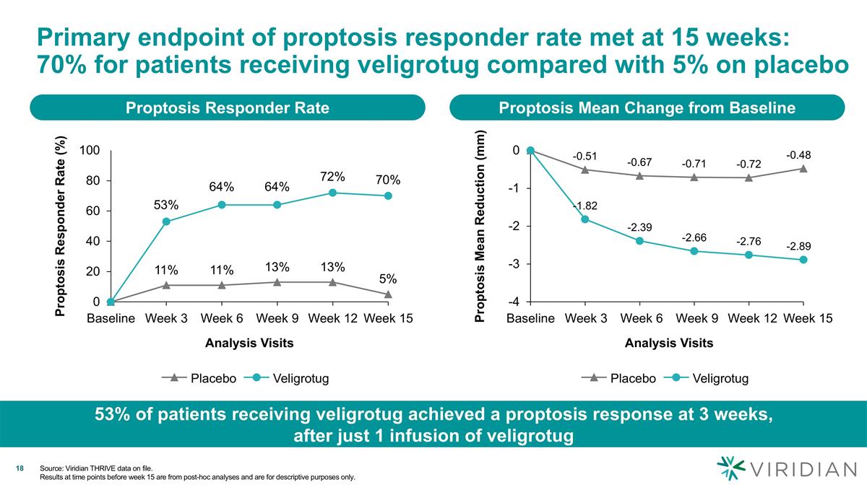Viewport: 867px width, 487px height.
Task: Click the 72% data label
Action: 332,177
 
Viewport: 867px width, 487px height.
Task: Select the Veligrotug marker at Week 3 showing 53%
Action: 166,221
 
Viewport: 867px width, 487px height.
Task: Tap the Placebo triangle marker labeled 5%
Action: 388,294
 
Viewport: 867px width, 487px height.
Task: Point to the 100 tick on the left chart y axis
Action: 90,150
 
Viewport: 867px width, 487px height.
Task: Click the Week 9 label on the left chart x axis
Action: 277,318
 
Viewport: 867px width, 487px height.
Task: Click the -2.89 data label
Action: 798,247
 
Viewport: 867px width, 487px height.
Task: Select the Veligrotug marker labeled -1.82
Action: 585,219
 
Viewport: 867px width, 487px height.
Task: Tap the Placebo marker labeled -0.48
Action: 803,169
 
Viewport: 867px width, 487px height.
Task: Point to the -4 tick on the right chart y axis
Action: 514,302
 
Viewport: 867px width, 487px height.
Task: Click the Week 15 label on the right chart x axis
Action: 808,318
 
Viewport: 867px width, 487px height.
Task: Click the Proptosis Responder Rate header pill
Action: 227,108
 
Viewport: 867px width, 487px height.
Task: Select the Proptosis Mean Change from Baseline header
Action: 647,108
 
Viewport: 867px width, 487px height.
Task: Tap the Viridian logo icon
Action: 730,468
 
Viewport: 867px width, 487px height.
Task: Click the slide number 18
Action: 20,470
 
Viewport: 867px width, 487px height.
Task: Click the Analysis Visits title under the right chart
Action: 668,343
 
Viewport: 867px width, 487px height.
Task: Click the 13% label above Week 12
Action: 332,268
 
